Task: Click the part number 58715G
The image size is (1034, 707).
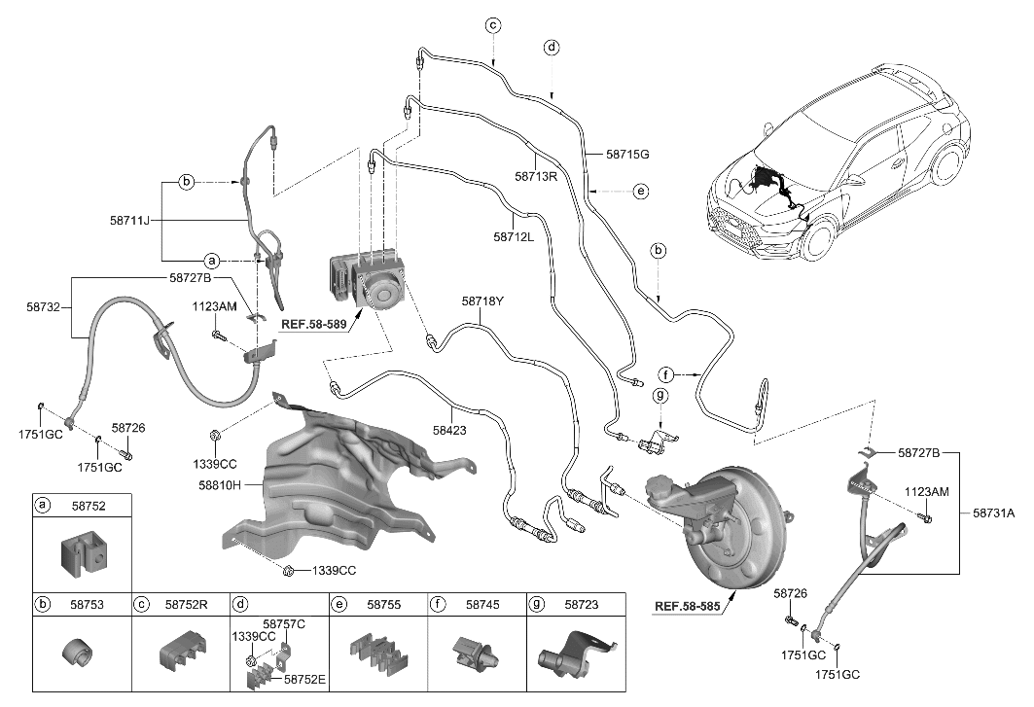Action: pos(626,155)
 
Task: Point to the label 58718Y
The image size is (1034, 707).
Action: pos(482,301)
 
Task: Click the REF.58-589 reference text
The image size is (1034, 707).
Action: pos(313,325)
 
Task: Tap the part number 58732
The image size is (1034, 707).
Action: pos(47,305)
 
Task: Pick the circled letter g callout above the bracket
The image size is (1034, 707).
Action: pos(659,396)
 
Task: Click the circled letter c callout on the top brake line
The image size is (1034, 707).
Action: pos(493,25)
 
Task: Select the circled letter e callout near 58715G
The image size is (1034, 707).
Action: pos(640,192)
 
